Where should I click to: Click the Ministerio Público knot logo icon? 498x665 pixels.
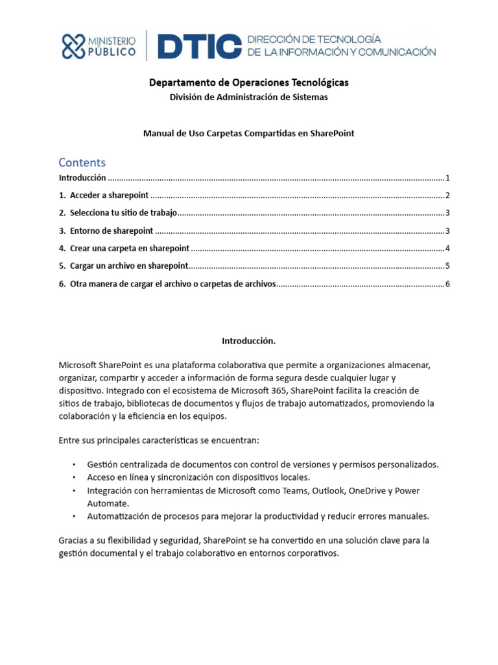pos(73,46)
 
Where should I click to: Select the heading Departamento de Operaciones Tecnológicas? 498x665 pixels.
pos(248,82)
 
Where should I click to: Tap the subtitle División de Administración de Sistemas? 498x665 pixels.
pos(248,97)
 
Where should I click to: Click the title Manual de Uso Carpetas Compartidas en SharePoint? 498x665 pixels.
pos(248,133)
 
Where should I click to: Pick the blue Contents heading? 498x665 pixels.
pos(82,162)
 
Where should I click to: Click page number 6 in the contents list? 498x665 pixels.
pos(447,284)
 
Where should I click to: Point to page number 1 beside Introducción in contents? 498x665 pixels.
pos(447,178)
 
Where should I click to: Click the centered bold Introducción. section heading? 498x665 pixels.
pos(248,340)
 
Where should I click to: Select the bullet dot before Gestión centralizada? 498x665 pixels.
pos(75,465)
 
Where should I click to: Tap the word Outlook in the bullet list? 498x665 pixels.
pos(329,490)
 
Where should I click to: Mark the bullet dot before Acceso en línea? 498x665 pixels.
pos(75,477)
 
